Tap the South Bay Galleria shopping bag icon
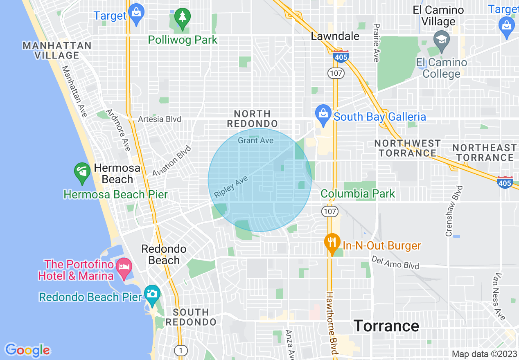point(323,116)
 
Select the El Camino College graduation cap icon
point(442,41)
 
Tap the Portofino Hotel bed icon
point(124,267)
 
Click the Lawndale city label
point(335,36)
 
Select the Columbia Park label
point(358,193)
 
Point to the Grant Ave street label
point(256,141)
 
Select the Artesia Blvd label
point(160,119)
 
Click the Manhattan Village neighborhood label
point(57,50)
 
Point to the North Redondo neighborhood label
point(253,118)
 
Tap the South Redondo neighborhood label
point(191,317)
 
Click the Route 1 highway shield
point(181,350)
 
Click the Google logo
point(27,350)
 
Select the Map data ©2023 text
point(484,354)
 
